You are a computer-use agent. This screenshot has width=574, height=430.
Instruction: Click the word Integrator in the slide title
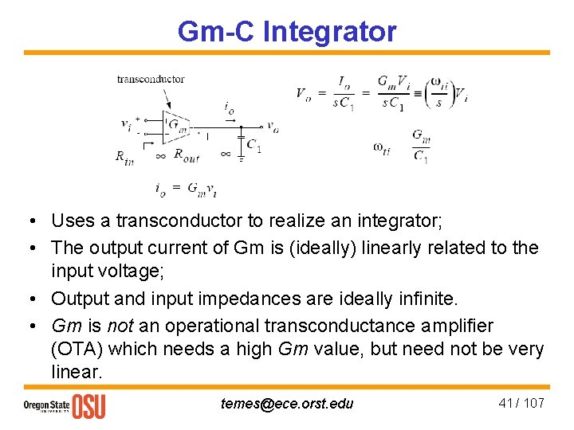[x=328, y=32]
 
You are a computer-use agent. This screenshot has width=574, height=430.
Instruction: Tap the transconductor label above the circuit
[x=151, y=78]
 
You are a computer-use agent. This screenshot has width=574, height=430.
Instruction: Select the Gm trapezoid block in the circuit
[x=178, y=124]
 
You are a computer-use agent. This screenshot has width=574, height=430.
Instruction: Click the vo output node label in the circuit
[x=273, y=126]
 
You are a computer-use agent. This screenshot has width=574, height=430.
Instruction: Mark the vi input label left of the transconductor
[x=126, y=124]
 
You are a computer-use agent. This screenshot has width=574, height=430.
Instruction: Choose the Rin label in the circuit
[x=124, y=157]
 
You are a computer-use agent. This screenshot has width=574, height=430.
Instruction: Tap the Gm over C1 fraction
[x=421, y=146]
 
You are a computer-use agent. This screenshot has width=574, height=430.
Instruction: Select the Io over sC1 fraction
[x=344, y=92]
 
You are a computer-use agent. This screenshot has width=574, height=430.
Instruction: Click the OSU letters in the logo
[x=88, y=405]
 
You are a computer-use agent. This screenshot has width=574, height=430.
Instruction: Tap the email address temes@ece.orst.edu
[x=287, y=404]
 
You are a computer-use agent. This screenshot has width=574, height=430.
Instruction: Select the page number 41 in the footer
[x=505, y=403]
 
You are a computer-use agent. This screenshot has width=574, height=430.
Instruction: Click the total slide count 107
[x=534, y=403]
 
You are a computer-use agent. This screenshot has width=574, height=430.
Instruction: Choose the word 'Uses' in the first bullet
[x=69, y=220]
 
